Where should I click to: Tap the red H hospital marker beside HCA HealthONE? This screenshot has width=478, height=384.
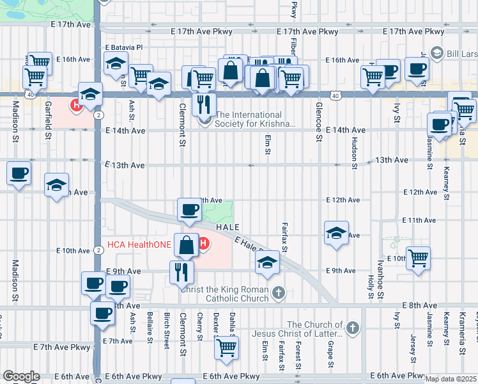(204, 244)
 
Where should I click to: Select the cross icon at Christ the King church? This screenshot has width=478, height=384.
(278, 293)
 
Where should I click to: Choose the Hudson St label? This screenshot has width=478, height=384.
(353, 152)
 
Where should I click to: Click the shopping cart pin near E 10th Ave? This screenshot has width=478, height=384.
(418, 259)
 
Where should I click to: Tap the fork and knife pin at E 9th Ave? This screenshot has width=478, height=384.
(182, 271)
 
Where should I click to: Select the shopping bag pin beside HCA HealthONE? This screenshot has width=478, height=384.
(186, 244)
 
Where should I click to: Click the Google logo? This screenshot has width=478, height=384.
(21, 376)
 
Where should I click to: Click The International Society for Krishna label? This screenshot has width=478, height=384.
(256, 120)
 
